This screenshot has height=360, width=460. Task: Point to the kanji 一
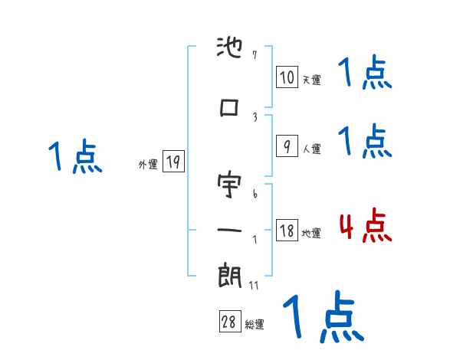pos(230,230)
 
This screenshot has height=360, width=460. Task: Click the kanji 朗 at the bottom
pos(230,275)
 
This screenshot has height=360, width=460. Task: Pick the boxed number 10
pos(287,77)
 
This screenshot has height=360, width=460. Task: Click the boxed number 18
pos(287,231)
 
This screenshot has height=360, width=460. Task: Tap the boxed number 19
pos(173,162)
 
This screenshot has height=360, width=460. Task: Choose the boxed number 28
pos(229,322)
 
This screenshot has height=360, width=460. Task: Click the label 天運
pos(311,80)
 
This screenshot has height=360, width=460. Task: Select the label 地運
pos(311,233)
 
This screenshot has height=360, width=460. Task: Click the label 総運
pos(255,325)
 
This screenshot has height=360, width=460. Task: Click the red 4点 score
pos(365,225)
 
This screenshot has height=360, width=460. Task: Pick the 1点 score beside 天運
pos(365,74)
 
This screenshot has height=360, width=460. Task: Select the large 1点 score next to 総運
pos(322,317)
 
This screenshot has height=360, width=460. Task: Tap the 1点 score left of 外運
pos(74,157)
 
